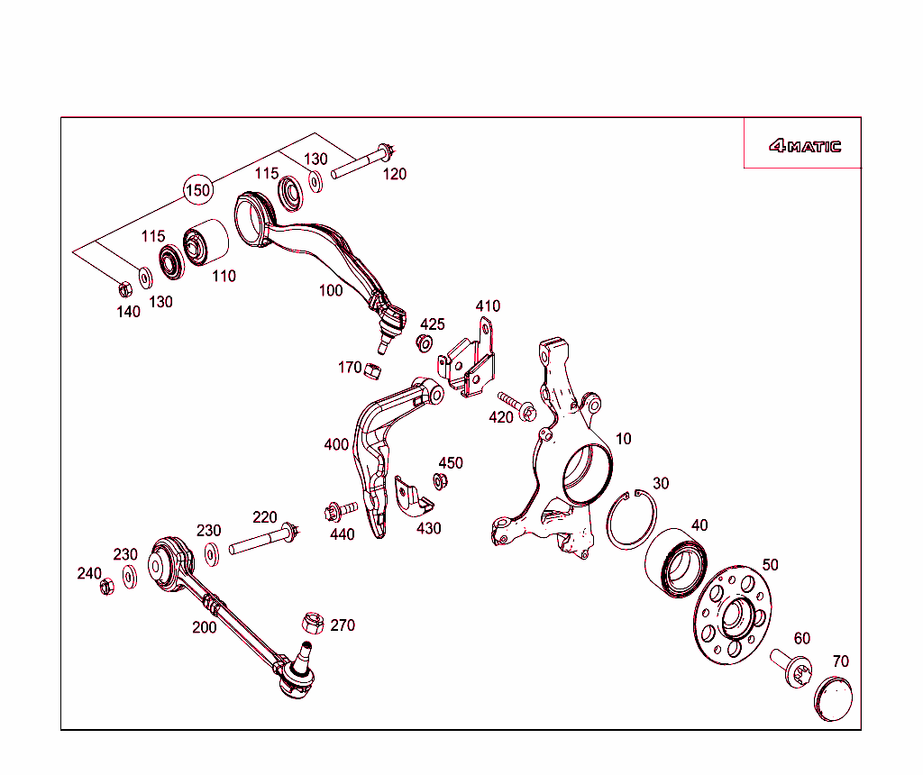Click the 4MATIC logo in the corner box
click(805, 146)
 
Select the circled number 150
click(197, 189)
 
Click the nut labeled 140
click(125, 288)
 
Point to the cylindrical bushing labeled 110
click(206, 243)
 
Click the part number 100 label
click(331, 290)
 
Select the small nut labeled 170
click(374, 370)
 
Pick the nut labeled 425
click(423, 342)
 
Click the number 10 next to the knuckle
click(623, 439)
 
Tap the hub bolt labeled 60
click(790, 669)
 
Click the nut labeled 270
click(310, 622)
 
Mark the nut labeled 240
click(106, 587)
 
